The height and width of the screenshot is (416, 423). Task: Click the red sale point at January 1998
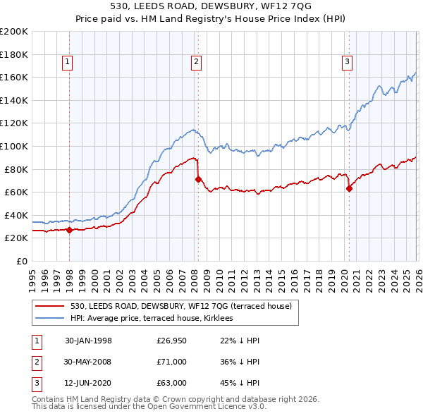tap(70, 230)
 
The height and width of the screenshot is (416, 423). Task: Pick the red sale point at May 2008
tap(198, 179)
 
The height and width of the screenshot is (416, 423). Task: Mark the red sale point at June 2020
tap(349, 188)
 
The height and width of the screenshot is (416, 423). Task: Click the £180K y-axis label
tap(14, 54)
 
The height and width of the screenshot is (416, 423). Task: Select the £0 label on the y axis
tap(20, 261)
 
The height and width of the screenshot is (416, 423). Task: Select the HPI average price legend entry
tap(156, 319)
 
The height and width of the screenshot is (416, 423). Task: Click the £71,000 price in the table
tap(171, 362)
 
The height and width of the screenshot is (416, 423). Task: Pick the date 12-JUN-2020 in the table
tap(88, 383)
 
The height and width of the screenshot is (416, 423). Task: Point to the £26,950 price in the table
tap(171, 341)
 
